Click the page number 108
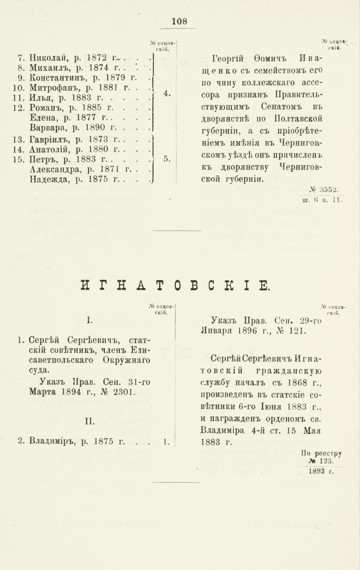(x=180, y=21)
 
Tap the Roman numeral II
(x=90, y=421)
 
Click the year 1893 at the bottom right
(x=318, y=471)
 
